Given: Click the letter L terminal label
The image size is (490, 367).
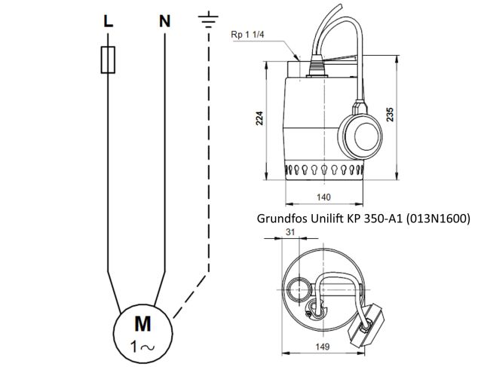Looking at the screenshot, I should point(108,22).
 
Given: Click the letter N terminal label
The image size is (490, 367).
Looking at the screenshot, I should point(164,22).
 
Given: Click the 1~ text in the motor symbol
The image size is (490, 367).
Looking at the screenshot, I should point(142,347).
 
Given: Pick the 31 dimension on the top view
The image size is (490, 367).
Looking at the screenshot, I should point(291,234).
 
